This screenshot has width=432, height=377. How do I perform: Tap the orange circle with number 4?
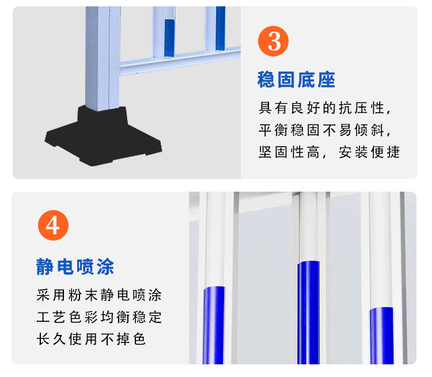(x=53, y=226)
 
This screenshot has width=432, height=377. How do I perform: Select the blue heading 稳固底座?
(x=296, y=80)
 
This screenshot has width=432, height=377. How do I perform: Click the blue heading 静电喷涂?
(x=75, y=266)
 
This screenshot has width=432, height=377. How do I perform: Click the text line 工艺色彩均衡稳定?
(x=98, y=317)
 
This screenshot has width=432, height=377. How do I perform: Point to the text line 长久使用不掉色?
(x=90, y=339)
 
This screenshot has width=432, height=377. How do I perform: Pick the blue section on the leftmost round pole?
(x=213, y=325)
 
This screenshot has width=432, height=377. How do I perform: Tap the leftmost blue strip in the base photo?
(x=169, y=38)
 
